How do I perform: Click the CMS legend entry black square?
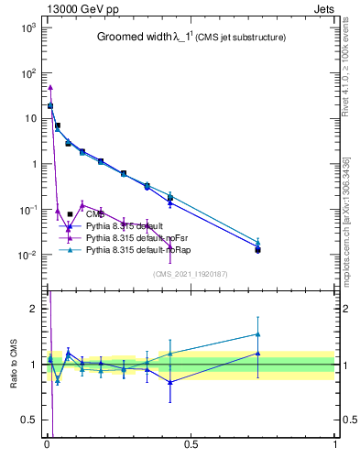pos(71,214)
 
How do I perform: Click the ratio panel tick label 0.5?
pos(27,420)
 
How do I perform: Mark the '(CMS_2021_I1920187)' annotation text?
pos(190,274)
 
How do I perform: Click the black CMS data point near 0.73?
pos(257,250)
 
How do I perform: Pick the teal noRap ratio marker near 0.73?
pos(257,334)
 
